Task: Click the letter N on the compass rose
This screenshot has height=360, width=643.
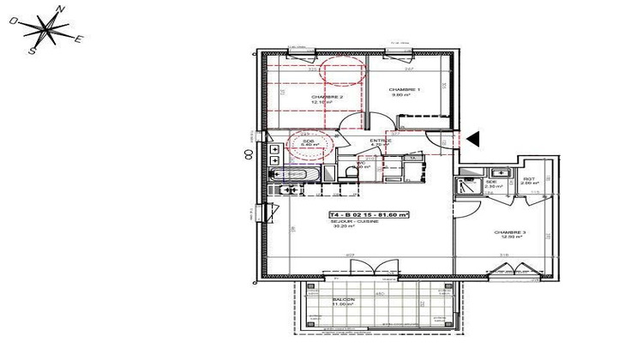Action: click(60, 9)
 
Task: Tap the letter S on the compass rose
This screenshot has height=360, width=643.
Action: click(33, 51)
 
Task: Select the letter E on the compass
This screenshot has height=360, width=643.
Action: click(78, 39)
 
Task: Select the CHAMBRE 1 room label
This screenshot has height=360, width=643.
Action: click(404, 90)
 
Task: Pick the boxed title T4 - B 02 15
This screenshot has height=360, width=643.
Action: click(369, 214)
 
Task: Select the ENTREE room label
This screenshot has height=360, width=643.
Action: click(381, 141)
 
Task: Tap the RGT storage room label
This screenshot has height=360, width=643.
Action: click(529, 178)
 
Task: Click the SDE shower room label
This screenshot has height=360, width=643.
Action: click(491, 182)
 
